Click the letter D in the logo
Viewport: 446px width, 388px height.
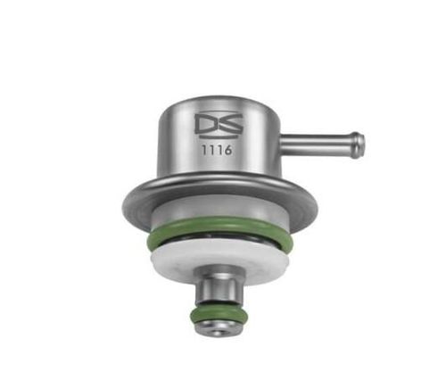coord(203,121)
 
